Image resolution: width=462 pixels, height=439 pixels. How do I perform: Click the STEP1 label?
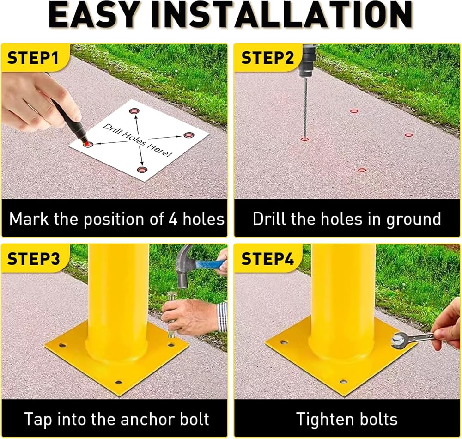(x=33, y=58)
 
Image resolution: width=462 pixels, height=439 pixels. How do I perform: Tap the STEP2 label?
(x=267, y=58)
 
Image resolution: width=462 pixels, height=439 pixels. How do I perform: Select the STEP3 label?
(x=33, y=259)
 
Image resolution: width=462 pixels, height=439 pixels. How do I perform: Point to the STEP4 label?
(x=267, y=259)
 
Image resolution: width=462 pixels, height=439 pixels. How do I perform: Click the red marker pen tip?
(x=86, y=143)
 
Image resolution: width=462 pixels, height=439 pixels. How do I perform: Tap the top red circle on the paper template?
(x=134, y=111)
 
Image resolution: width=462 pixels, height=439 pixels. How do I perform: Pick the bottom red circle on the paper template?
(x=142, y=170)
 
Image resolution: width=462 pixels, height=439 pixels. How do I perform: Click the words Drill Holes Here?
(x=138, y=140)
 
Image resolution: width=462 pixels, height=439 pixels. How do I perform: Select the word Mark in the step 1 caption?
(x=29, y=219)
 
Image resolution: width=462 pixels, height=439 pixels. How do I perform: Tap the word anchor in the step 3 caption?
(x=144, y=419)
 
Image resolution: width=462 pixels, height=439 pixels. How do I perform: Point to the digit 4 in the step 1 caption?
(x=173, y=219)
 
